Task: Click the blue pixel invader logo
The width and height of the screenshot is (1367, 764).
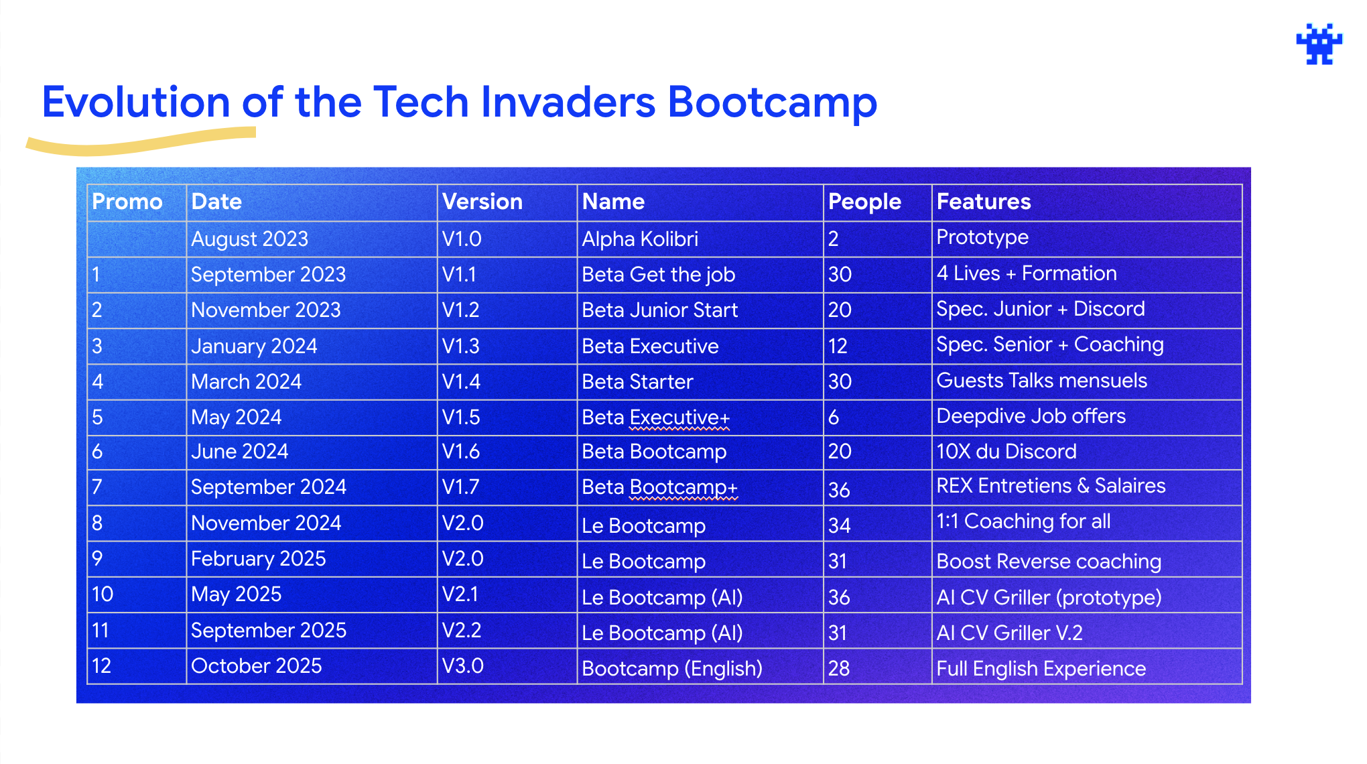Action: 1319,44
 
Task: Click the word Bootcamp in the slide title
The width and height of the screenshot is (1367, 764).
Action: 773,103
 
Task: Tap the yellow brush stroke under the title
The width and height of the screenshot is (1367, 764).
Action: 141,141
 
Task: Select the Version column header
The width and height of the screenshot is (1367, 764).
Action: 482,202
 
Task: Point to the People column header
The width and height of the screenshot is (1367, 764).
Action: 864,202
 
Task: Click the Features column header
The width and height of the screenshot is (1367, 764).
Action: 984,202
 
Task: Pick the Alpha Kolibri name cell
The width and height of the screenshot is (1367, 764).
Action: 640,239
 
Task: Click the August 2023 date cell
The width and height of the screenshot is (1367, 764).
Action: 249,239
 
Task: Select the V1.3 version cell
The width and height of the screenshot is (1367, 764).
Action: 461,346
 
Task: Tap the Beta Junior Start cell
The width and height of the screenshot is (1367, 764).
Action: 660,310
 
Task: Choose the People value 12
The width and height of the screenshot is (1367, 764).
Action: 838,346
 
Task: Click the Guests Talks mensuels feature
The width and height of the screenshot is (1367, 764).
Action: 1042,381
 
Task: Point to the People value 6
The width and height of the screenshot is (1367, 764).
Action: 834,418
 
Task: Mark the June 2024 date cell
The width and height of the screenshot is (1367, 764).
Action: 239,452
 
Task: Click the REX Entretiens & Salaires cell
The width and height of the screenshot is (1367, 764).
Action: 1051,486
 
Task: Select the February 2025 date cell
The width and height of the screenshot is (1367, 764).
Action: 259,559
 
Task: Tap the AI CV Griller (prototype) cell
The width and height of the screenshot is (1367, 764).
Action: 1049,598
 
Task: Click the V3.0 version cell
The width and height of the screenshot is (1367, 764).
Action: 462,666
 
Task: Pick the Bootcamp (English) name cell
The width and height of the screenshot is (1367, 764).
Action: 672,669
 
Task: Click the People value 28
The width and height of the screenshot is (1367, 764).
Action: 839,669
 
